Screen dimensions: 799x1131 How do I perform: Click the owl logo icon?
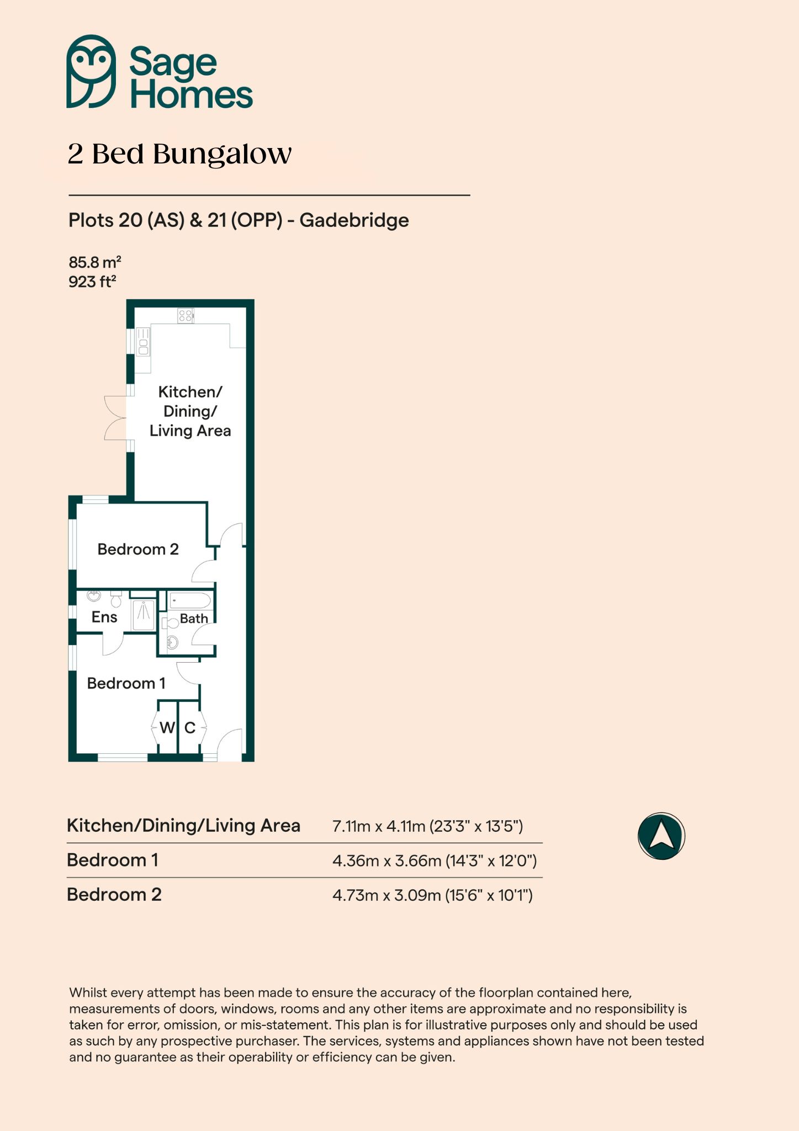point(91,71)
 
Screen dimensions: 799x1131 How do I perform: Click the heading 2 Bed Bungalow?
point(179,154)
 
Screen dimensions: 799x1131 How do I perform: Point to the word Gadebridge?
point(354,220)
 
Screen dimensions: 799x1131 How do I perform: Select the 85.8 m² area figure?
point(94,262)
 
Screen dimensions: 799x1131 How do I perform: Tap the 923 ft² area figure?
point(92,282)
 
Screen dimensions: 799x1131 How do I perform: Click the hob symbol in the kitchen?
point(186,316)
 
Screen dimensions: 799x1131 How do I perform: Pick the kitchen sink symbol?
point(143,341)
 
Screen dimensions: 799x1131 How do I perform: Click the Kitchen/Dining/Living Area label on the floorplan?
point(190,411)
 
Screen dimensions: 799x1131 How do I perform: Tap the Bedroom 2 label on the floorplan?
point(138,549)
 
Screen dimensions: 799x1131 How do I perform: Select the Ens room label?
point(104,617)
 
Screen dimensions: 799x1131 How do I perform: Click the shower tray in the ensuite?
point(144,615)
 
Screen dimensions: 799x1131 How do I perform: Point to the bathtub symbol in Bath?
point(190,601)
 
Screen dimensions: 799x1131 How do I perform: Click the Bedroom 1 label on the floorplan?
point(126,684)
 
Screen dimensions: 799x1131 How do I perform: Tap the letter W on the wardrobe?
point(167,728)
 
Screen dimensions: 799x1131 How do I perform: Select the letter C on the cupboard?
point(190,728)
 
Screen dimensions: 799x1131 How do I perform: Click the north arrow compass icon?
point(662,836)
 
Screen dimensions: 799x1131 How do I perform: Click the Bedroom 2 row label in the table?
point(114,895)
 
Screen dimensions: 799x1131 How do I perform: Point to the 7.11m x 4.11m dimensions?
point(379,826)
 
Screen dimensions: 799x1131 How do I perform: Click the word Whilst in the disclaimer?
point(87,992)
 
